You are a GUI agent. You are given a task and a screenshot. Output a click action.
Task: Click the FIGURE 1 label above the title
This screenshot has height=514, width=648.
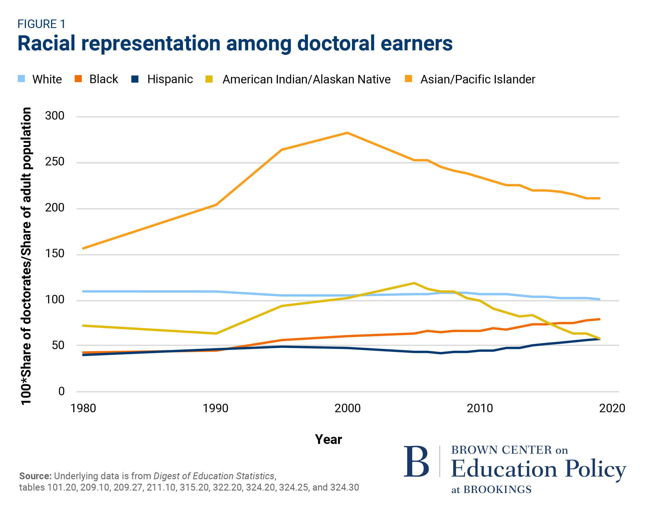(x=42, y=24)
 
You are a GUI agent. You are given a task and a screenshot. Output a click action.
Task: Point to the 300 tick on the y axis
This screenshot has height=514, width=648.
(x=55, y=116)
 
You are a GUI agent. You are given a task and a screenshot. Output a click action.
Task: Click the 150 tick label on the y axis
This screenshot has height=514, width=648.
(x=55, y=254)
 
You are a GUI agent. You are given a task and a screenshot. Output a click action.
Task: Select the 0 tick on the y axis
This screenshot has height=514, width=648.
(x=61, y=391)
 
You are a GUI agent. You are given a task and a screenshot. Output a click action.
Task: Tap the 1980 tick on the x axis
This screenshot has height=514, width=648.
(x=83, y=409)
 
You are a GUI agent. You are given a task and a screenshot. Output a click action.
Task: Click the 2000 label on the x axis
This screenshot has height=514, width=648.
(x=347, y=409)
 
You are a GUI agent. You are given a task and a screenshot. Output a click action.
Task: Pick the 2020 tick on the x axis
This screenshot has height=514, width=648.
(x=612, y=409)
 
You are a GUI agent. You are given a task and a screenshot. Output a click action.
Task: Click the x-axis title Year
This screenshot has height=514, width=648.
(x=328, y=439)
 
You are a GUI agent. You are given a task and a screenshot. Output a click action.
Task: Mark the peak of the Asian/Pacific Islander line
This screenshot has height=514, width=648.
(x=347, y=133)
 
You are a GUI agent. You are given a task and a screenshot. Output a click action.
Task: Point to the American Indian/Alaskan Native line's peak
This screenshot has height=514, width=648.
(x=414, y=283)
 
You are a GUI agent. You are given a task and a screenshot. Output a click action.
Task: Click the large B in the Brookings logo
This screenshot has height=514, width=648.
(x=416, y=462)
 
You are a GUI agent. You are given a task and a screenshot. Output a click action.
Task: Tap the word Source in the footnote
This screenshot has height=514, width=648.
(x=35, y=476)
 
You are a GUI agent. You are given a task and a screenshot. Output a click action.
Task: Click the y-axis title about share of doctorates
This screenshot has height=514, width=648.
(x=27, y=256)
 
